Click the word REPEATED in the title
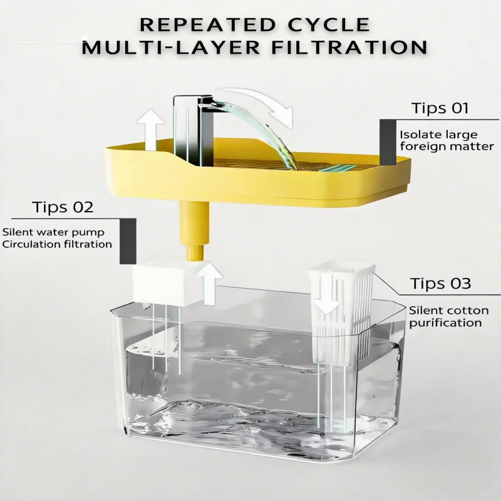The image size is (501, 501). click(x=208, y=24)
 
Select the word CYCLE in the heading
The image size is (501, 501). click(x=329, y=24)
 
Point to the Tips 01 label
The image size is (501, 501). click(x=440, y=108)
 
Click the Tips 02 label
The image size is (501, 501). click(x=63, y=207)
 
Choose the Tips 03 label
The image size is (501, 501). click(x=441, y=284)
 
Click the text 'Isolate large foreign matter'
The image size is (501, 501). click(x=447, y=140)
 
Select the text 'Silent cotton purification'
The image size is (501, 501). click(x=448, y=316)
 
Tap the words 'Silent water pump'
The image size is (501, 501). click(x=53, y=232)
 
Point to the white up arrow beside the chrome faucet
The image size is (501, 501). click(x=150, y=130)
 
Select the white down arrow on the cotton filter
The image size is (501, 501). click(x=325, y=296)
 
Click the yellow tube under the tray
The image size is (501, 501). click(x=195, y=230)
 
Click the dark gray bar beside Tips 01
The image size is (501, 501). click(x=388, y=143)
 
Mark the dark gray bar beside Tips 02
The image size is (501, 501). click(x=128, y=242)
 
